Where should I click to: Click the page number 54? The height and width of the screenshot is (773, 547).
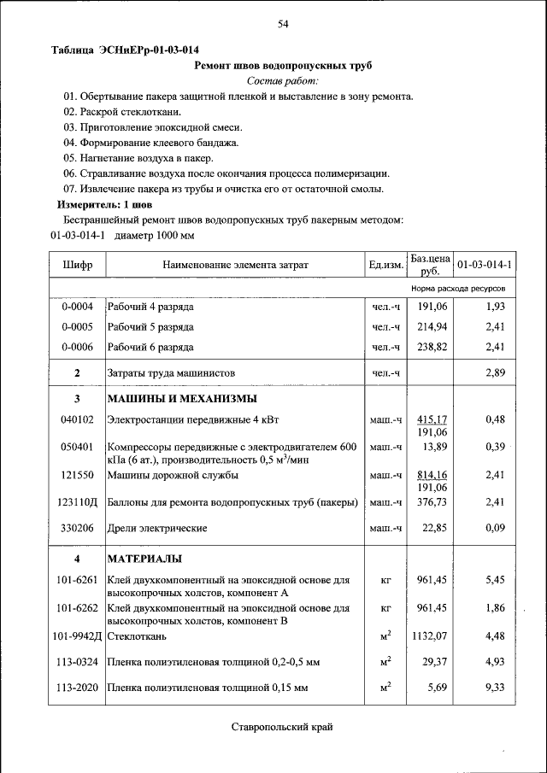tap(283, 24)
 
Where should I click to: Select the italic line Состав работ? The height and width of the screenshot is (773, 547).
tap(282, 80)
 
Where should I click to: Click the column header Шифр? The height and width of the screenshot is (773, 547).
tap(77, 266)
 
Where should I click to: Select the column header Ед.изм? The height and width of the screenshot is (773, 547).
tap(385, 266)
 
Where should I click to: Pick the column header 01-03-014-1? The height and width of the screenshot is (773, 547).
tap(484, 266)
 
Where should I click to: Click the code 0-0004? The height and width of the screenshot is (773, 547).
tap(77, 306)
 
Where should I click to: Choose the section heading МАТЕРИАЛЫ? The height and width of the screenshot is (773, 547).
tap(144, 559)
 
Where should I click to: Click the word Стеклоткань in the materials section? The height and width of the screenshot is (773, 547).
tap(137, 636)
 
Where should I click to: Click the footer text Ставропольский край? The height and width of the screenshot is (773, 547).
tap(281, 727)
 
